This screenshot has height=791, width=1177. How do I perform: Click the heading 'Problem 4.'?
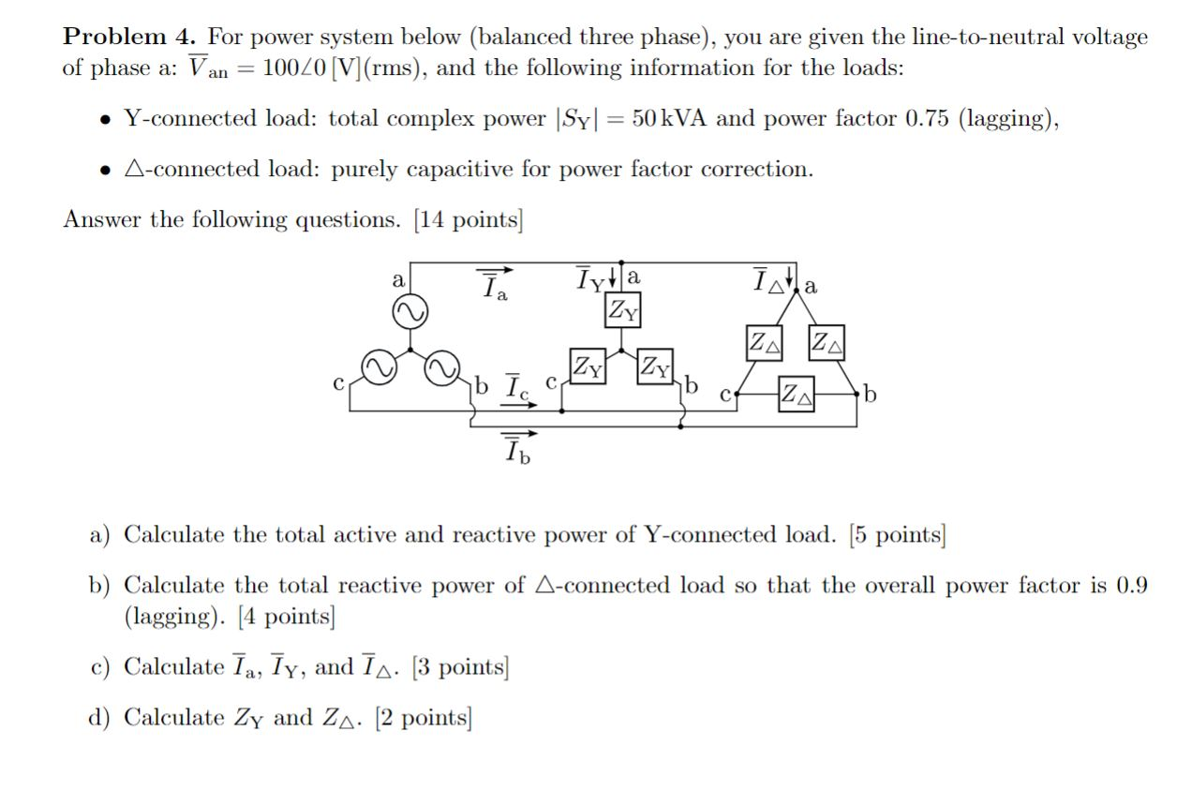(x=130, y=37)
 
